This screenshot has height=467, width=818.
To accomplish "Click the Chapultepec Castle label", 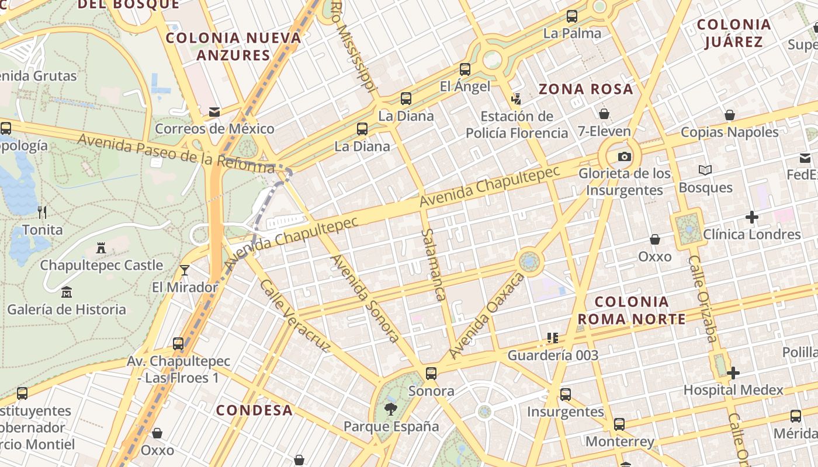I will pos(102,265).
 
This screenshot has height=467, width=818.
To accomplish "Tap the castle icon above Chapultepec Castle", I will pos(101,248).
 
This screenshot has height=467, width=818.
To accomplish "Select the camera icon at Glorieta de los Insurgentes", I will pos(625,156).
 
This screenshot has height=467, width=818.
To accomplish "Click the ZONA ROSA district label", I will pos(585,89).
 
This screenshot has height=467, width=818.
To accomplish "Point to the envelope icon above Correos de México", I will pos(214,111).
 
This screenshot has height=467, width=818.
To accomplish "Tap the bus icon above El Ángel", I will pos(465,69).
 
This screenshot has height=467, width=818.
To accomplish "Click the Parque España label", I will pos(391,426).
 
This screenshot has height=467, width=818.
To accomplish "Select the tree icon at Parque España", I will pos(390,409).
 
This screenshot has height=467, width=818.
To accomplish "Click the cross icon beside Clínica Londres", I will pos(752,218).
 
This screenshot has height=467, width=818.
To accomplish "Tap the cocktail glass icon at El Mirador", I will pos(185,270).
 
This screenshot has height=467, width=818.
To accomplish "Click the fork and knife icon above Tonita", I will pos(41,212).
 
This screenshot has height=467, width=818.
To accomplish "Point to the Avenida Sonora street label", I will pos(365,298).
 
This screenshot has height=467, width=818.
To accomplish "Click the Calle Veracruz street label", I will pos(294,316).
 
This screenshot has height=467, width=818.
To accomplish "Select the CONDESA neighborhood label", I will pos(255,410).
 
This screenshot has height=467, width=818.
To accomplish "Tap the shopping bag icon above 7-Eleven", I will pos(604,114).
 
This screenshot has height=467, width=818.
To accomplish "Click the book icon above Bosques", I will pos(705,170).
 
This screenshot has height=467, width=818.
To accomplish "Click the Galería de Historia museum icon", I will pos(67,292).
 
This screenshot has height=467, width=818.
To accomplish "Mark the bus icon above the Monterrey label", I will pos(619,424).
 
